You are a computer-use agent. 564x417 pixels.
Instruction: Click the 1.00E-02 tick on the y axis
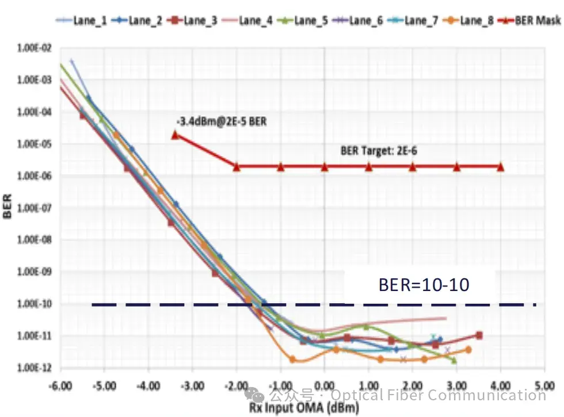pos(36,49)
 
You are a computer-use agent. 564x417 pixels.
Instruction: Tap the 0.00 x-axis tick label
pos(325,382)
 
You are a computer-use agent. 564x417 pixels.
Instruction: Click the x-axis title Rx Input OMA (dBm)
pos(304,408)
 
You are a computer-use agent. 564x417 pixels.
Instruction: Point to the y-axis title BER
pos(7,207)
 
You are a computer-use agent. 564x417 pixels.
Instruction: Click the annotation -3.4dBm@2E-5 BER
pos(222,122)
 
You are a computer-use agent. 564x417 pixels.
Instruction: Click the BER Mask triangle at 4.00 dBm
pos(500,167)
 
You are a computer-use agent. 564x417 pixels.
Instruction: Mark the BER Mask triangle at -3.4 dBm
pos(175,135)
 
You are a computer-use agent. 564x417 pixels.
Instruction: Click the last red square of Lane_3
pos(479,335)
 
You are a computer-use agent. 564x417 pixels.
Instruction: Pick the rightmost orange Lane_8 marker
pos(468,350)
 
